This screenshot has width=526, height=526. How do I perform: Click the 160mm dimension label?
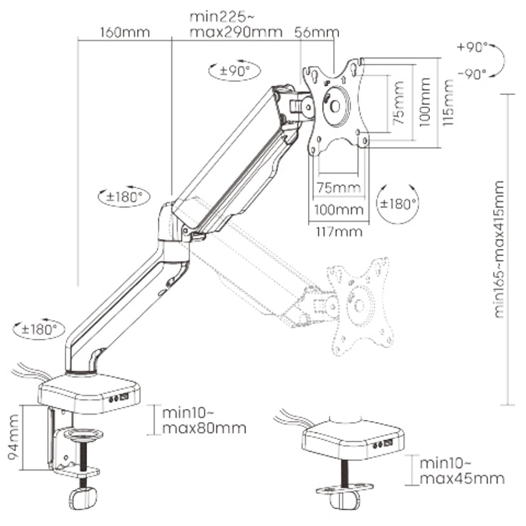point(125,33)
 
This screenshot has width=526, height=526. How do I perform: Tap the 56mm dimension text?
point(317,33)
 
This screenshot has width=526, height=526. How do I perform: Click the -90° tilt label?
point(472,74)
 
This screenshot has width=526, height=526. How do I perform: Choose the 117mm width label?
point(336,231)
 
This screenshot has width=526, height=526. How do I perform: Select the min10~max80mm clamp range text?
point(204,420)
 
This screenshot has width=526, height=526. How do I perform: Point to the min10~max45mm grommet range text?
point(461,471)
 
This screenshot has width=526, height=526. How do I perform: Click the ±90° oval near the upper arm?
point(230,71)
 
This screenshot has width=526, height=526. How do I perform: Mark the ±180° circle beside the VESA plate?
point(398,204)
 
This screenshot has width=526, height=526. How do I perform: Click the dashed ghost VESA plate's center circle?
point(360,305)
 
